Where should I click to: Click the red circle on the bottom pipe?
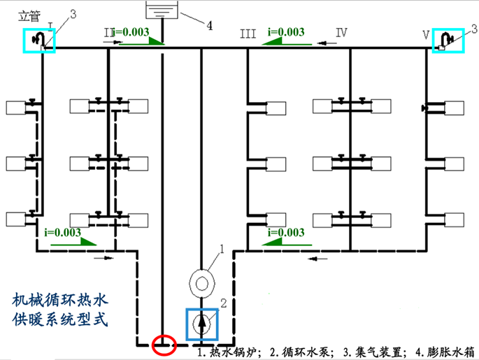164,345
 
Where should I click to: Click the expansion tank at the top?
162,10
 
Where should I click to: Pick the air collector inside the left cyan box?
41,39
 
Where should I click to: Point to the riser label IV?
341,32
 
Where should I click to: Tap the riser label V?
426,33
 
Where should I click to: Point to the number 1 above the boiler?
222,247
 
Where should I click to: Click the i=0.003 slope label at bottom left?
62,231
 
